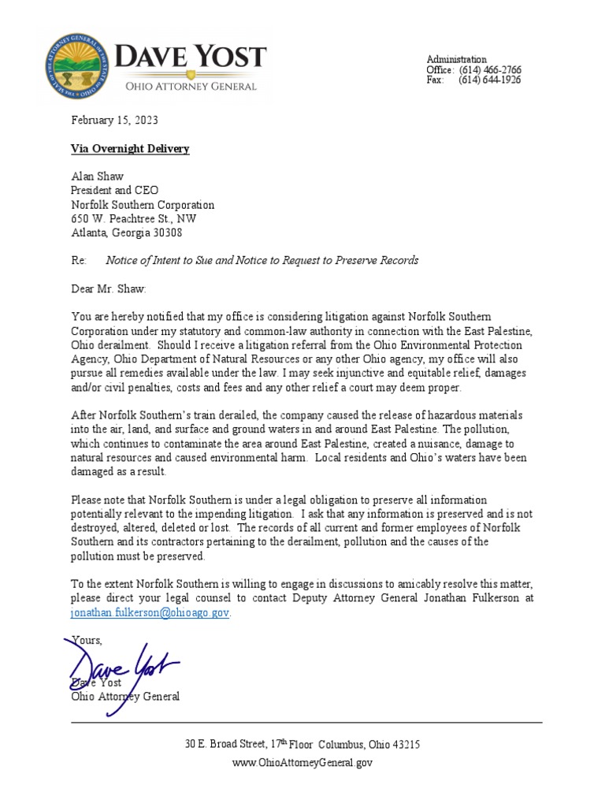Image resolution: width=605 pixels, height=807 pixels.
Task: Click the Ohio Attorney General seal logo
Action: tap(76, 67)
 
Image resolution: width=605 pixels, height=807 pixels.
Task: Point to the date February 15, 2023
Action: tap(114, 121)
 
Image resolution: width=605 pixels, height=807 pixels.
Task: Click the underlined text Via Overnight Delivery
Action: tap(130, 149)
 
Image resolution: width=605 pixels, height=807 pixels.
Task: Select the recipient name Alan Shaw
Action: tap(98, 177)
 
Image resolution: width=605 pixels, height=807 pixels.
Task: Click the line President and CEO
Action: tap(115, 191)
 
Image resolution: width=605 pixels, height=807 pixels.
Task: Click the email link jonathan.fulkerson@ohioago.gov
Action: tap(150, 613)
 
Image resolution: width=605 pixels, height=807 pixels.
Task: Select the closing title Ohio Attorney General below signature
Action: tap(125, 697)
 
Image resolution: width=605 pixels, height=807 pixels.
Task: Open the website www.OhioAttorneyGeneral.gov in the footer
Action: tap(302, 763)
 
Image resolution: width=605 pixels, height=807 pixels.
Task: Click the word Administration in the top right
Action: tap(456, 60)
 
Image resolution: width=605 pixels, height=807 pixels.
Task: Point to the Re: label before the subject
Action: tap(79, 261)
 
